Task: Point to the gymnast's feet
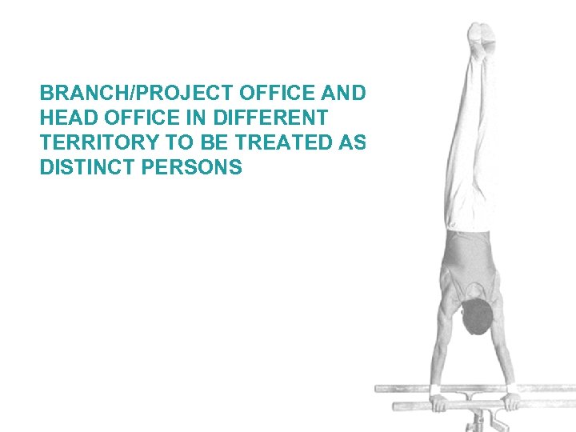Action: point(483,36)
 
